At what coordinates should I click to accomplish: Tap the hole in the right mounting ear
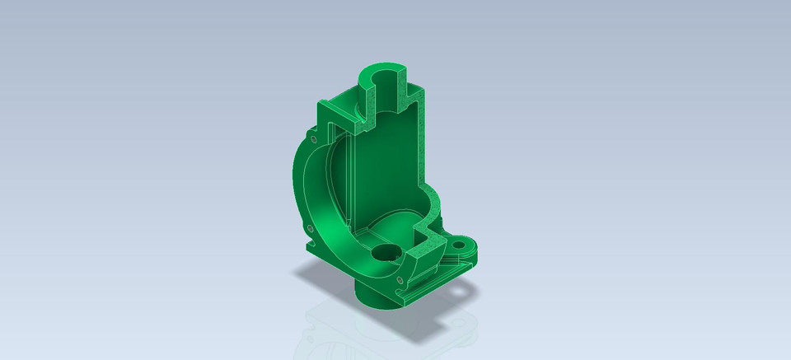(467, 245)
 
